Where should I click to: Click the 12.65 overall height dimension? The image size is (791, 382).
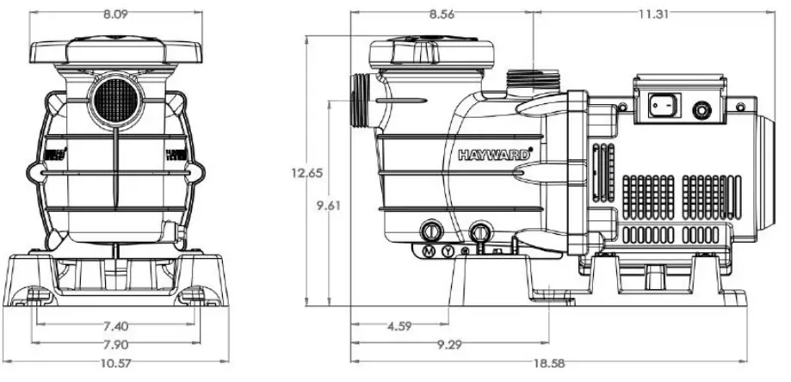click(306, 172)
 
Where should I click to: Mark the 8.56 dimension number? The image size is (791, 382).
click(443, 14)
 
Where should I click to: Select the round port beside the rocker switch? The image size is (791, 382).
click(704, 110)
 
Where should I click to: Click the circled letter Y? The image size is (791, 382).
click(448, 250)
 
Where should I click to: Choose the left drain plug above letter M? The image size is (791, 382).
click(430, 231)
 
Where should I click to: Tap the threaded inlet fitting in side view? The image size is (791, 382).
click(361, 101)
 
